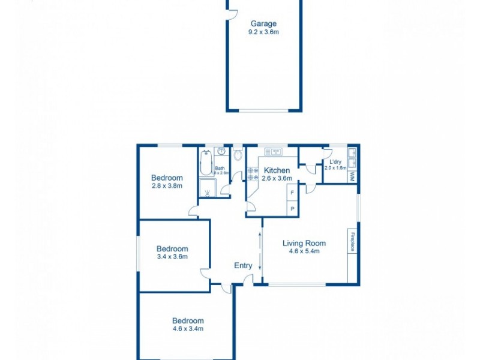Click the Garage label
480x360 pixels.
[x=263, y=24]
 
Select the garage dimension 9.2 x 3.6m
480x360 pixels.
[x=263, y=32]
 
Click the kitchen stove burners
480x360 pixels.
[x=253, y=174]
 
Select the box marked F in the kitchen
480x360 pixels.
[x=292, y=193]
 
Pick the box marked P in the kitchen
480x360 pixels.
[x=292, y=208]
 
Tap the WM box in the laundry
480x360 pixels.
[x=352, y=177]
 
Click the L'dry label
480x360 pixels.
[x=335, y=162]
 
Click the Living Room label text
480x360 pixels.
[x=304, y=243]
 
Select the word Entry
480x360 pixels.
[x=243, y=266]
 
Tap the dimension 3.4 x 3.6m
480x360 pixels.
[x=172, y=257]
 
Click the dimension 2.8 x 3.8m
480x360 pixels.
[x=167, y=186]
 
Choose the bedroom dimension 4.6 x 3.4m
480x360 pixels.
[x=188, y=329]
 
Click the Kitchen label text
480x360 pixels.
[x=277, y=170]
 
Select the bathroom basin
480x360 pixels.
[x=221, y=151]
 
